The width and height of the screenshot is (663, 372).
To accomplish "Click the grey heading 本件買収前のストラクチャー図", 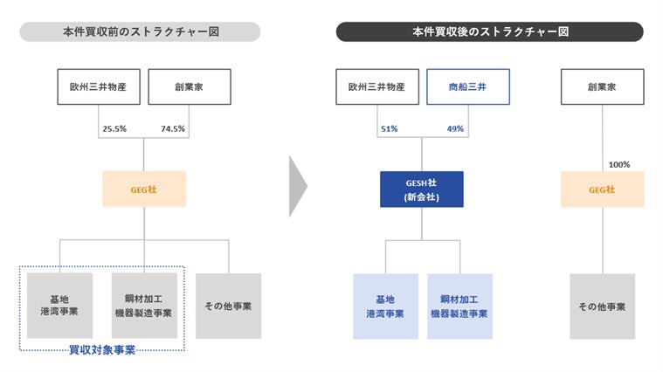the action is (x=140, y=31).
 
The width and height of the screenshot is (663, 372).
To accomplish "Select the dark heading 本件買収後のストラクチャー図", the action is (x=490, y=31).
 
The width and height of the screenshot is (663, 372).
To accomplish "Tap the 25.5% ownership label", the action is (x=114, y=129).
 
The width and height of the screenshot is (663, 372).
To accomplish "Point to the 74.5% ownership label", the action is (x=173, y=129).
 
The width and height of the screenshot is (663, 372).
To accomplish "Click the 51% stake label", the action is (x=389, y=129).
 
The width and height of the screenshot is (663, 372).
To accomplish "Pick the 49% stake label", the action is (x=455, y=129).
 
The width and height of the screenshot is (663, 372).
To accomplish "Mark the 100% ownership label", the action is (x=619, y=164).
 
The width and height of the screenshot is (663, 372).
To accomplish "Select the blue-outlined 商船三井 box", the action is (x=468, y=86).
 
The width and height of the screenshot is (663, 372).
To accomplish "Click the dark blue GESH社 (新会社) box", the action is (x=422, y=189).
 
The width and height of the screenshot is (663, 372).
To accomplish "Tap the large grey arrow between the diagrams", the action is (x=297, y=186).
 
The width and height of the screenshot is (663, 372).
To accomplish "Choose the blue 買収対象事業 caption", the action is (x=102, y=350).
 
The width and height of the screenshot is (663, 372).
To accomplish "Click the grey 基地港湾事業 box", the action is (x=59, y=306).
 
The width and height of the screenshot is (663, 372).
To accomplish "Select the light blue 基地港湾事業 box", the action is (x=385, y=307).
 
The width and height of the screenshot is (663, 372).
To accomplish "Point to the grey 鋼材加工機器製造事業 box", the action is (x=144, y=306).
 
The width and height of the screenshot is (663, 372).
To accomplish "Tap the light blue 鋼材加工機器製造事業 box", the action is (x=459, y=307).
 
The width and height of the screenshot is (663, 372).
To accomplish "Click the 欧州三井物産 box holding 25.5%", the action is (x=99, y=86).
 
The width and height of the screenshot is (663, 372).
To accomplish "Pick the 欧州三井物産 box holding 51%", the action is (x=377, y=86).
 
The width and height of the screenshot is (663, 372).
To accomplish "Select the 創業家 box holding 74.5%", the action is (x=190, y=86).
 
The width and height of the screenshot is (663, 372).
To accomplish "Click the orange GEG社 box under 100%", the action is (x=603, y=189).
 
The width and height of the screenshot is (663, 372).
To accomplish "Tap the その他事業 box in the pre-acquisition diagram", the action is (x=228, y=306).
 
